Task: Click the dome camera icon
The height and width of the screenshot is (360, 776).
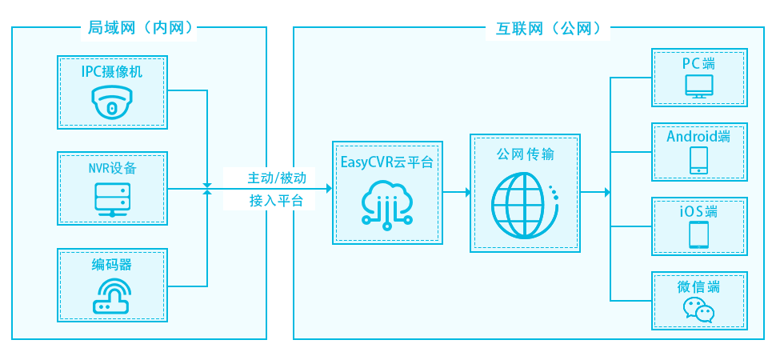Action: (111, 103)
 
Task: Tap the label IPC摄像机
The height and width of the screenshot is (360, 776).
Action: (111, 72)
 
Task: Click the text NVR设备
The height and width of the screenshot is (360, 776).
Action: (111, 168)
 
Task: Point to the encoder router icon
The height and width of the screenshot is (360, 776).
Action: (111, 295)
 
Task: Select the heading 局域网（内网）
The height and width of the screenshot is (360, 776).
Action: (139, 29)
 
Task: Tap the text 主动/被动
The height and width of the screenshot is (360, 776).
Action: (277, 177)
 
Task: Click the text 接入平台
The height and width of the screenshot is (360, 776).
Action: (277, 201)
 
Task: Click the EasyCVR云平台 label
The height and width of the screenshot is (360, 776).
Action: (386, 162)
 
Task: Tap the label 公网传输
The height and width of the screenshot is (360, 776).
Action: (524, 154)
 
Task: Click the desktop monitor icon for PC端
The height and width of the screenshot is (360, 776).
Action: (699, 86)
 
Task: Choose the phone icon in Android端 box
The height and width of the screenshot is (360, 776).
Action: (699, 159)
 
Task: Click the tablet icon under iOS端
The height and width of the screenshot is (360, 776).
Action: (699, 234)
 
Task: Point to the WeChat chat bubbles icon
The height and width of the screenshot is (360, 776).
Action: (698, 310)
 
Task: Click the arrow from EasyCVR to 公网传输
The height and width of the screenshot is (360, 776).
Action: (457, 192)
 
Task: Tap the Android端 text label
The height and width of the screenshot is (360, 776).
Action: (698, 136)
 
